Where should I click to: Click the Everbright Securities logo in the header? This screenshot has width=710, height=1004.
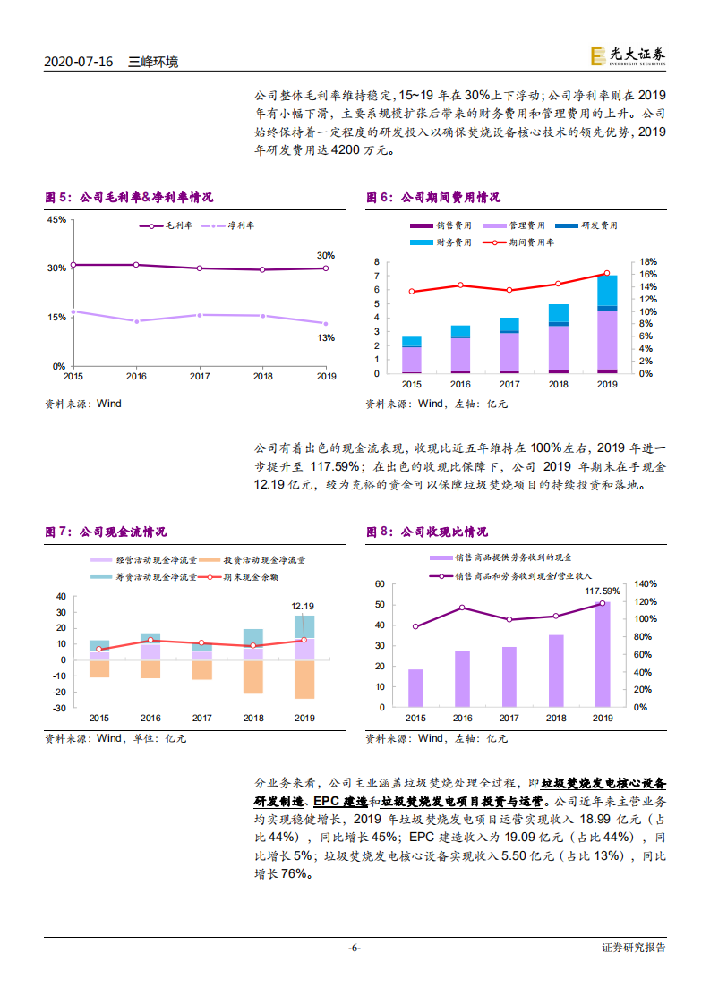628,55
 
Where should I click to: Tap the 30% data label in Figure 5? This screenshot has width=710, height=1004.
325,255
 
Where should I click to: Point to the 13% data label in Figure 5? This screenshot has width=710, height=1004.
325,337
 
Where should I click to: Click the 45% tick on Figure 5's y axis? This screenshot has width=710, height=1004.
56,219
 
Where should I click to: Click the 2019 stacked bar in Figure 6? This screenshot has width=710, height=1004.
607,324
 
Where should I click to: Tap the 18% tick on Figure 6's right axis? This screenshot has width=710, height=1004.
647,261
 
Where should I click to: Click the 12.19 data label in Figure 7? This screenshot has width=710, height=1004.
303,607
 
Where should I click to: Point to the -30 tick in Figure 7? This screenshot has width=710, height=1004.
61,708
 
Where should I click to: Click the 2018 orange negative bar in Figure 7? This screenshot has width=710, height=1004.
253,676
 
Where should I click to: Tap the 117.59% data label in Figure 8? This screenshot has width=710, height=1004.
602,591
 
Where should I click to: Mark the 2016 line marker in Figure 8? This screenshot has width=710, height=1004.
463,608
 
